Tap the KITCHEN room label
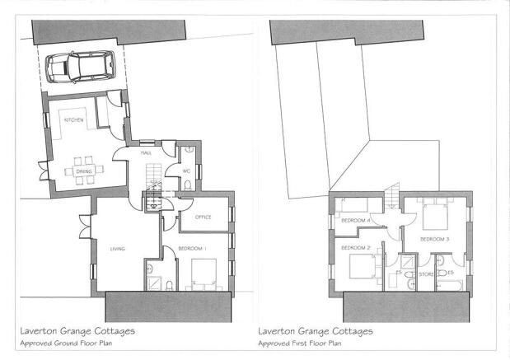click(x=75, y=120)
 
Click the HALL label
click(x=146, y=152)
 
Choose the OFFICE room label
click(x=204, y=217)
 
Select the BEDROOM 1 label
click(x=193, y=248)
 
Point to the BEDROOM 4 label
click(x=355, y=221)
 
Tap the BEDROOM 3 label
click(x=434, y=239)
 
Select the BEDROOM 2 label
click(x=354, y=247)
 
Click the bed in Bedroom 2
click(x=361, y=267)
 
